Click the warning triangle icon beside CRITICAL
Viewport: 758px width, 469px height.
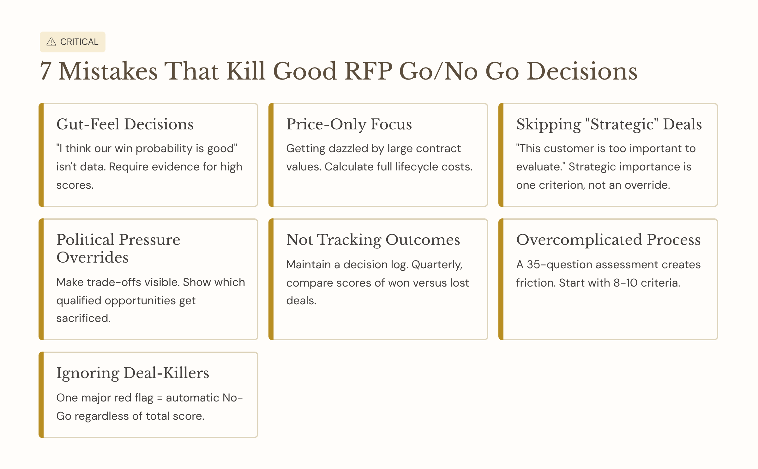(x=51, y=42)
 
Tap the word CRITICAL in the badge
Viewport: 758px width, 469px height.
(x=79, y=42)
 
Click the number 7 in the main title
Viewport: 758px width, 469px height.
(x=45, y=71)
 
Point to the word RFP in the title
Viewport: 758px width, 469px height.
(x=368, y=71)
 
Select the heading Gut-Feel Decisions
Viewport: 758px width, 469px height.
(x=125, y=124)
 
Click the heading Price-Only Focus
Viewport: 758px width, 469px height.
(x=349, y=124)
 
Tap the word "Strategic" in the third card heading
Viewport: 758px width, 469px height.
(x=622, y=124)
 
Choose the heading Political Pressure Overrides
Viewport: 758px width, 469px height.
(x=118, y=248)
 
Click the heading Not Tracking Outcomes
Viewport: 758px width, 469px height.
(x=373, y=240)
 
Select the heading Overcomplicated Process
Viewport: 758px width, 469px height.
(x=608, y=240)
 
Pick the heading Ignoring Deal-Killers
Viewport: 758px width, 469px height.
(x=133, y=373)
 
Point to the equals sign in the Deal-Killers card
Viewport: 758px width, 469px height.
(x=159, y=398)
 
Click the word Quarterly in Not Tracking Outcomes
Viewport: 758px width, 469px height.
(x=437, y=264)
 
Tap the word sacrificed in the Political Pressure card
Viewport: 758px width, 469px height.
(x=83, y=318)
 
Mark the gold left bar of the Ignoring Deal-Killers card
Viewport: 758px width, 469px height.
(x=41, y=395)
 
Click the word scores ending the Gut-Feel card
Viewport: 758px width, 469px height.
(x=74, y=185)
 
